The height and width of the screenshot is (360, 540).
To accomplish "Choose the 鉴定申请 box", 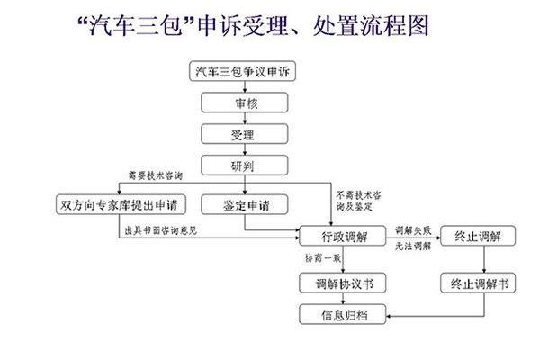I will coord(238,205).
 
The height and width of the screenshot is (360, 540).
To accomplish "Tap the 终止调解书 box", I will coord(479,283).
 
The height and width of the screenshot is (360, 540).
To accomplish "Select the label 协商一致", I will coord(321,258).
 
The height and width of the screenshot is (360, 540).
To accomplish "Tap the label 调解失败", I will coord(410,229).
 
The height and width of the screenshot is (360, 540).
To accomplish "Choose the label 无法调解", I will coord(410,247).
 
